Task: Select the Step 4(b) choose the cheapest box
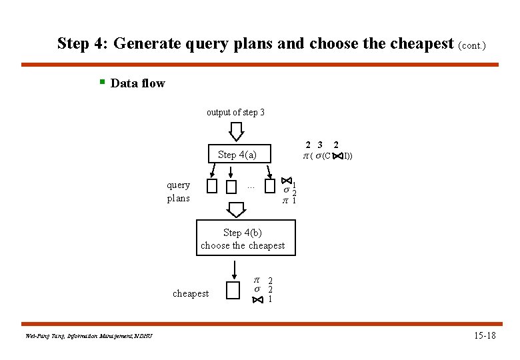pos(243,239)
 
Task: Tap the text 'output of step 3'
pos(235,112)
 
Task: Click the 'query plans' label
pos(178,191)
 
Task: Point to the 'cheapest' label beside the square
pos(191,293)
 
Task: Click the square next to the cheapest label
pos(233,291)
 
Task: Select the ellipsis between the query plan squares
pos(251,187)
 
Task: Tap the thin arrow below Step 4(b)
pos(234,269)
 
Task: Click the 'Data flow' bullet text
pos(137,83)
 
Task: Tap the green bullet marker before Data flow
pos(101,82)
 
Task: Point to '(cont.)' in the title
pos(473,46)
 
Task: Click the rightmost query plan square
pos(269,186)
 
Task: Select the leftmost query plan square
pos(212,186)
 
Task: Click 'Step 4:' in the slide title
pos(83,44)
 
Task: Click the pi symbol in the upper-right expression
pos(306,156)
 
